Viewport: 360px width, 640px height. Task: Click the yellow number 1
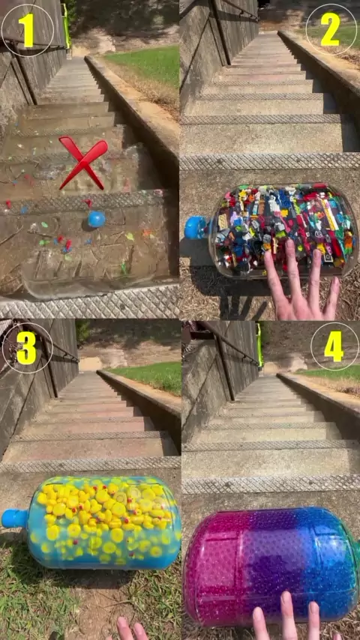28,30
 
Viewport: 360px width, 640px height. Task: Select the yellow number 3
27,347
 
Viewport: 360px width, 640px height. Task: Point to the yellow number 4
334,345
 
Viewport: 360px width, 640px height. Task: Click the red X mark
83,162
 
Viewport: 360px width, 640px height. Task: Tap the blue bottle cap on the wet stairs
97,219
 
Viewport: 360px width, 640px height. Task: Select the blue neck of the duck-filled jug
14,519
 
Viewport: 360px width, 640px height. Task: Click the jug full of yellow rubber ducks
93,523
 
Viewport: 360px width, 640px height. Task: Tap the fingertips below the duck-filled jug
130,630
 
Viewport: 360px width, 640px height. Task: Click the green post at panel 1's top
66,25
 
